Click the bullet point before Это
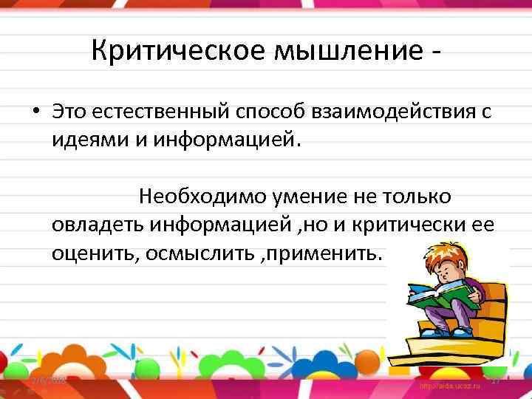[35, 114]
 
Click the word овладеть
[99, 225]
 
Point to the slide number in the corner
[495, 379]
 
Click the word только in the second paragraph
[418, 197]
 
